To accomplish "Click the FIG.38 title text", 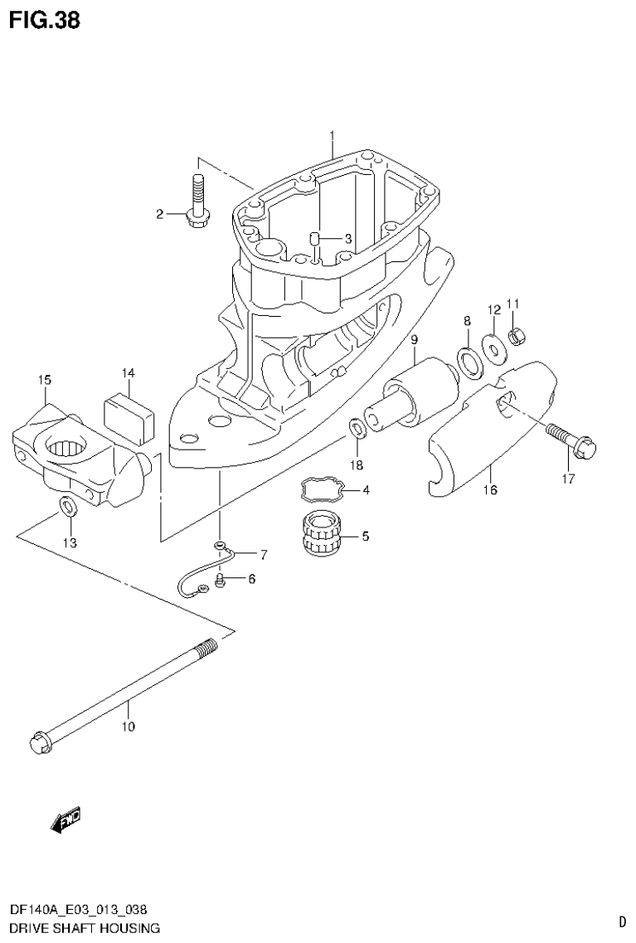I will click(x=45, y=20).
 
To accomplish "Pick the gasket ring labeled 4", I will click(x=323, y=490).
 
